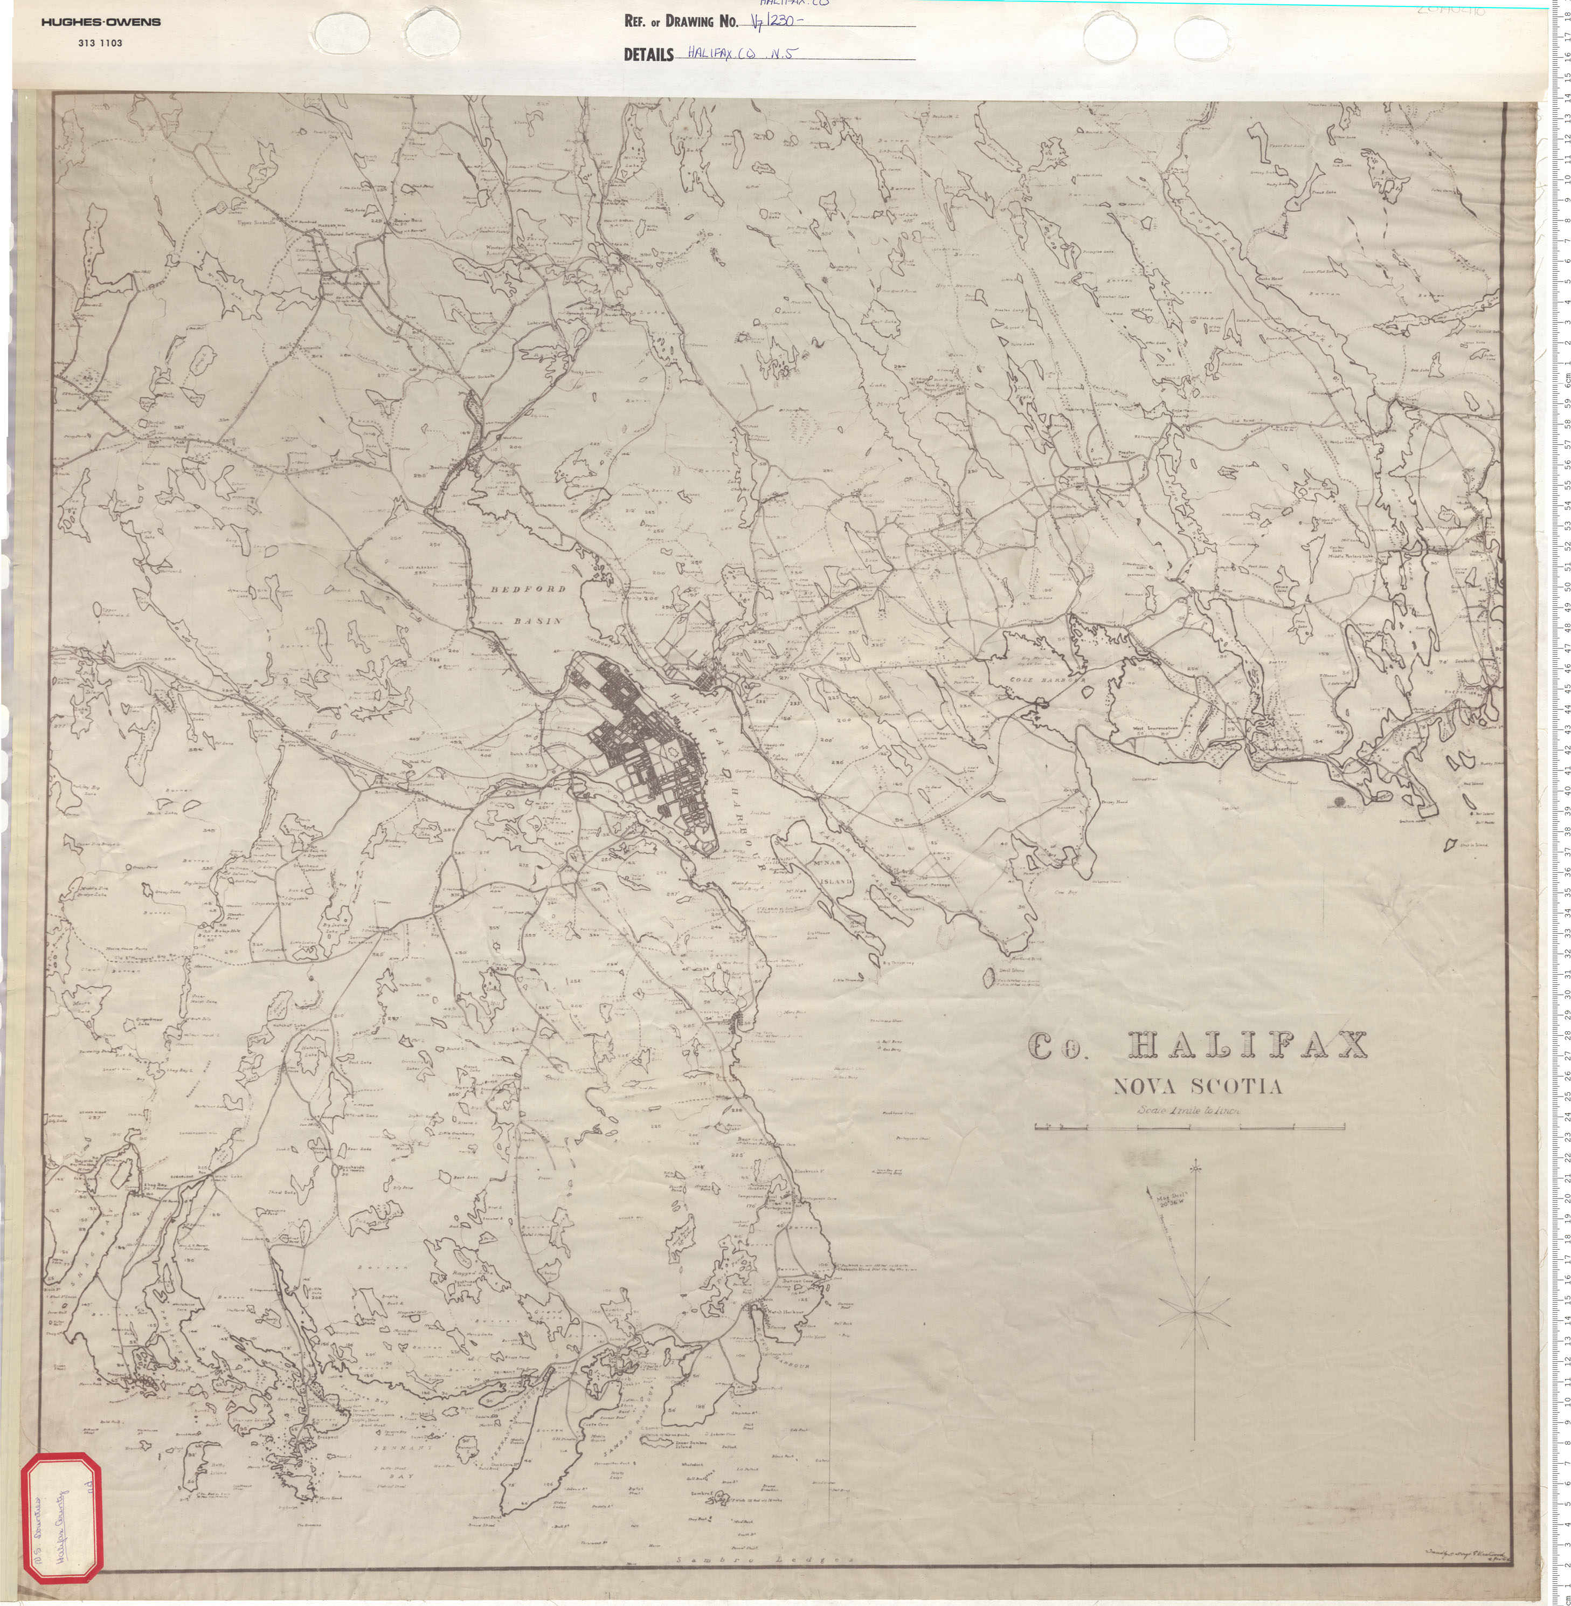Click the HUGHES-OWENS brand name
click(x=101, y=22)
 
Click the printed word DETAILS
click(x=648, y=54)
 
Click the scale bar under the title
click(x=1189, y=1126)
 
